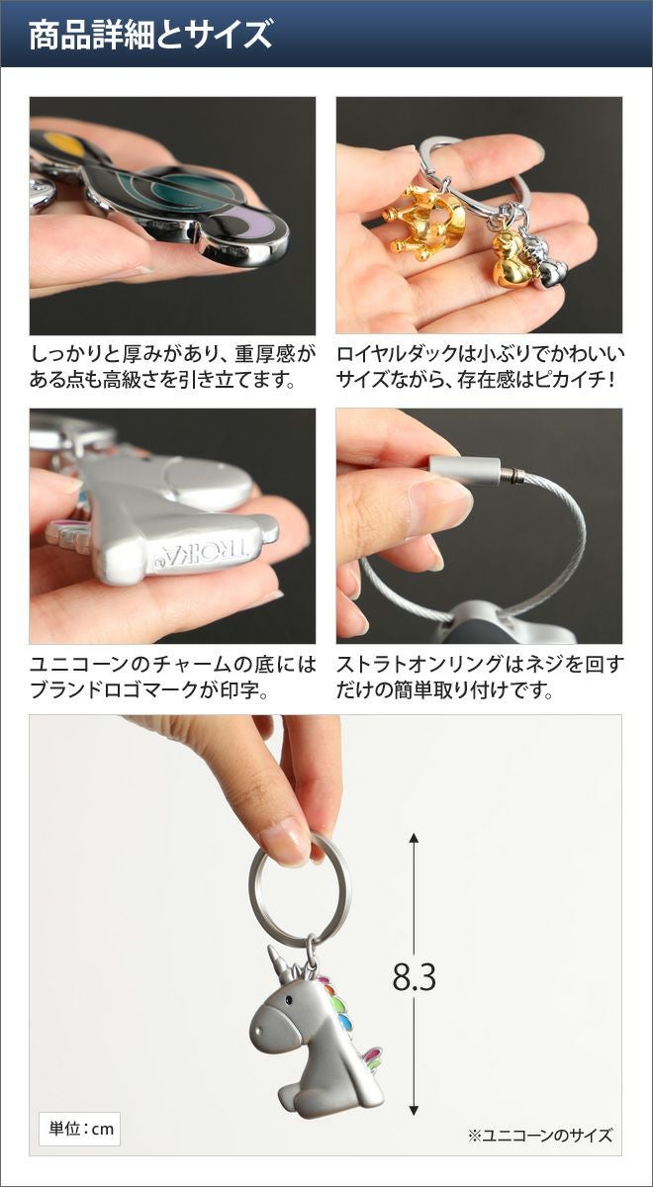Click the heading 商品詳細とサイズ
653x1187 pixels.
pos(150,35)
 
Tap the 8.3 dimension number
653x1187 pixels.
pos(414,976)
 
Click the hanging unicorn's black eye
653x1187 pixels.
pos(289,999)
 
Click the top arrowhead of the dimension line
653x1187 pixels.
pos(414,837)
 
